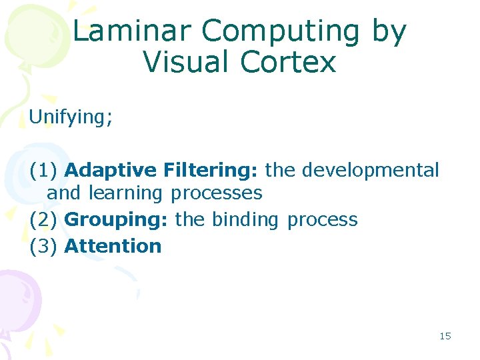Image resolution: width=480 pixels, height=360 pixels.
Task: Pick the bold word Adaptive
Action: (110, 170)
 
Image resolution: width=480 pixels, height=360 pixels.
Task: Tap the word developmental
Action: (371, 170)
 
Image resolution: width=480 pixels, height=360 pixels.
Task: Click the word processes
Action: (216, 193)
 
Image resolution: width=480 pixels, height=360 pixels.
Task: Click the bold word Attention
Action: (113, 246)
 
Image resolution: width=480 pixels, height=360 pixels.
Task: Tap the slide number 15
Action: (445, 336)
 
